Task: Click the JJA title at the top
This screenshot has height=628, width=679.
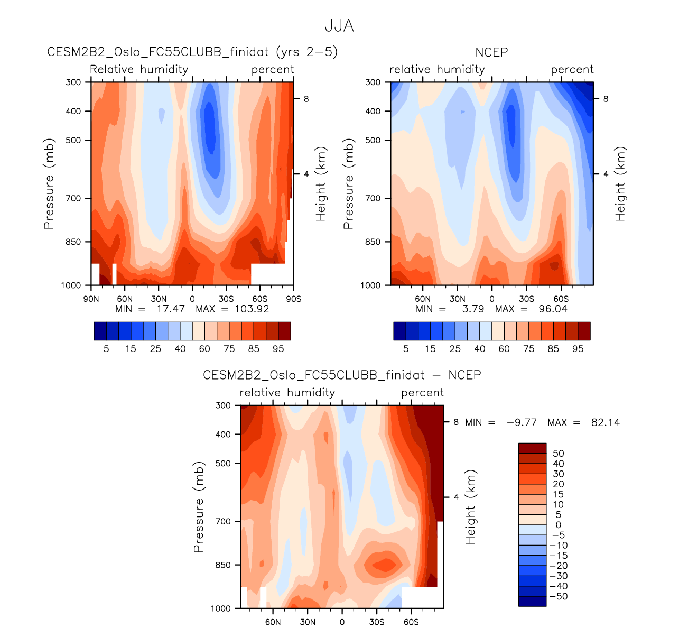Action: coord(339,26)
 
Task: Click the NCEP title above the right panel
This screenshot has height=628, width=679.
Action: coord(491,52)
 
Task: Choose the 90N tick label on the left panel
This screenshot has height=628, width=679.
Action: coord(91,299)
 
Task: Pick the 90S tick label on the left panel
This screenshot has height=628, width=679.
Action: coord(294,299)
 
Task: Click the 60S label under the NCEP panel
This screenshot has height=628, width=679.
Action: coord(561,299)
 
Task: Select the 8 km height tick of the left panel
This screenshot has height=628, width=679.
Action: coord(306,99)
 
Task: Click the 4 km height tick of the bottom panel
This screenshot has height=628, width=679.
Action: coord(455,497)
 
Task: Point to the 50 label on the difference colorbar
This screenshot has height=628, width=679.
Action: coord(558,454)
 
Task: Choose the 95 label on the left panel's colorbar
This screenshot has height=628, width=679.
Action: coord(278,349)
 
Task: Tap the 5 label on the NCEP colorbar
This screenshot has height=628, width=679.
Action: coord(406,349)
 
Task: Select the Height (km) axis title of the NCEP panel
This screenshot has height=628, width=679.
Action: coord(620,184)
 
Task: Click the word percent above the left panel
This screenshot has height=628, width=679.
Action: coord(273,70)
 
